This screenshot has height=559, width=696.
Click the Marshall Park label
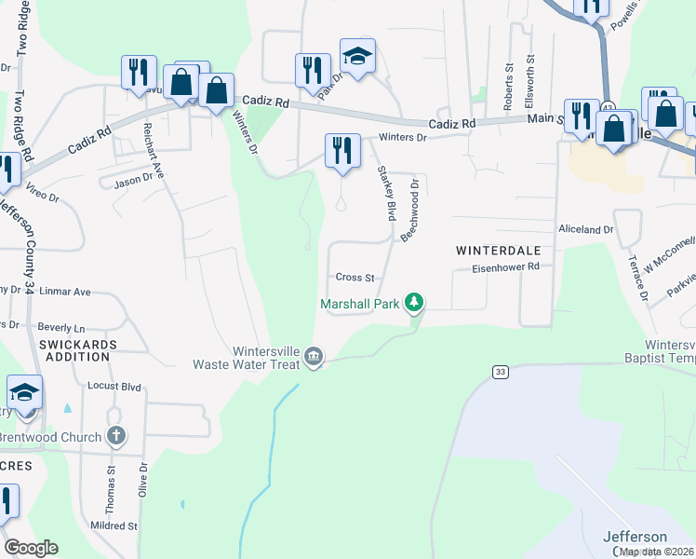359,304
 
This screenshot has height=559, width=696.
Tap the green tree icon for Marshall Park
415,303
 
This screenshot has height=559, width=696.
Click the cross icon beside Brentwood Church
115,435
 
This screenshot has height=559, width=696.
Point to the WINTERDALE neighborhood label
498,251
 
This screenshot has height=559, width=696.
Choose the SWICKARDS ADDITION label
75,352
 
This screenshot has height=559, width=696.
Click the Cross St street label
355,278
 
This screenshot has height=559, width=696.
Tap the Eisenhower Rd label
506,266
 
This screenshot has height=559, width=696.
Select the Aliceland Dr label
586,228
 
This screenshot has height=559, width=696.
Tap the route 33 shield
502,372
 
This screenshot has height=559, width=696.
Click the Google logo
31,547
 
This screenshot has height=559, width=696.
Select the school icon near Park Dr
357,56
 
